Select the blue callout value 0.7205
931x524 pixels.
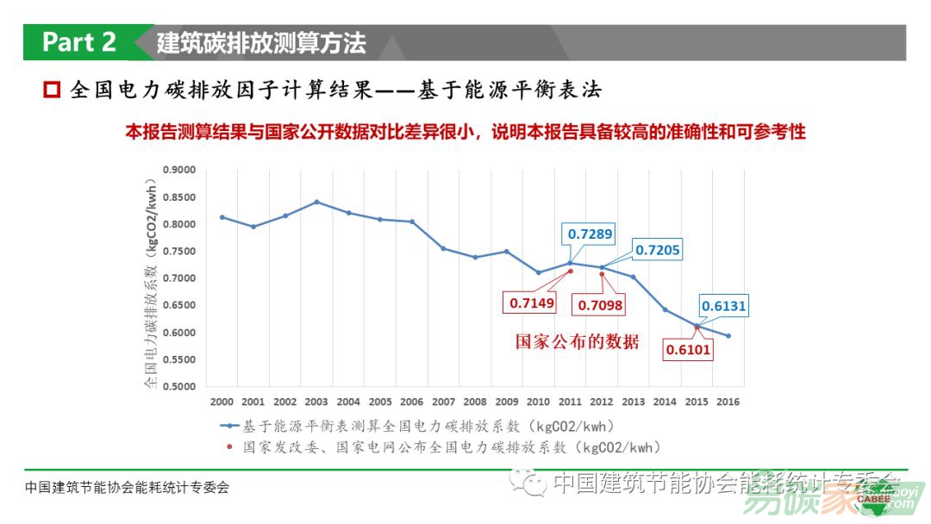657,250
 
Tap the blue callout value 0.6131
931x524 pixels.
723,306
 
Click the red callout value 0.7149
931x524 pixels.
531,303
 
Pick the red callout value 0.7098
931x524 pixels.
600,305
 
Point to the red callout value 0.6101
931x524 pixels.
688,350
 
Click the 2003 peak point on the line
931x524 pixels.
316,202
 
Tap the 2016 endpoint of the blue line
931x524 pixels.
728,336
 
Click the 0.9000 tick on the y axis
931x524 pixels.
179,170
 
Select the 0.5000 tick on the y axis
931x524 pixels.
179,386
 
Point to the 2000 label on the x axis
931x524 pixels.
222,402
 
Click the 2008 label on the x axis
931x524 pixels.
475,402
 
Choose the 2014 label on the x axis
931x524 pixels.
665,402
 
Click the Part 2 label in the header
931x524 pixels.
79,42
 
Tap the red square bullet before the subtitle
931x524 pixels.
52,90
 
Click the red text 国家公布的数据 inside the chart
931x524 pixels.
578,342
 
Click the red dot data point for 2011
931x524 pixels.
570,271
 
